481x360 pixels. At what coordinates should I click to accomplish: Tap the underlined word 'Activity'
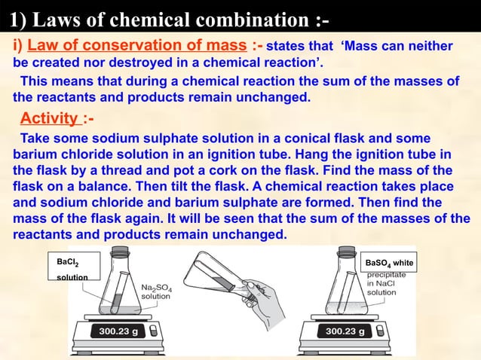51,118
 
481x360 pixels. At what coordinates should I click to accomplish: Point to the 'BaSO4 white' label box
388,263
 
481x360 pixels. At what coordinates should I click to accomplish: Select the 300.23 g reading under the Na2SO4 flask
118,331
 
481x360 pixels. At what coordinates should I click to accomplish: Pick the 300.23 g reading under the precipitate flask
345,331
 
